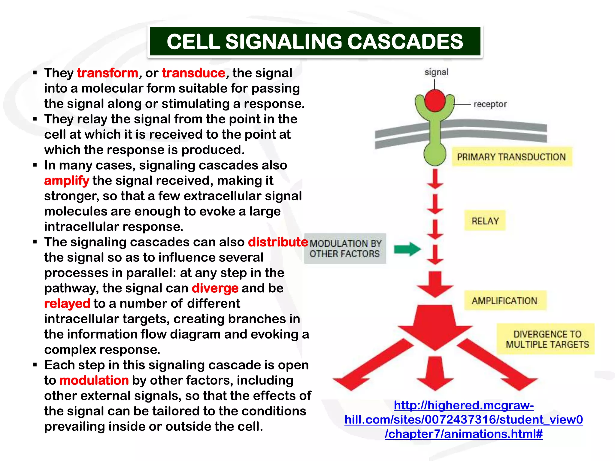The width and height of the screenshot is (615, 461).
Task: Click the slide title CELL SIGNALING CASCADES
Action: (315, 41)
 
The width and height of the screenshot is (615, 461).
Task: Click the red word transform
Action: (108, 73)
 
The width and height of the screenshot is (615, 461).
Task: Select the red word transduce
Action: (194, 73)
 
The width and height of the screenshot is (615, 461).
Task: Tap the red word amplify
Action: (67, 181)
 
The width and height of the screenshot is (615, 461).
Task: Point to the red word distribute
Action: (278, 242)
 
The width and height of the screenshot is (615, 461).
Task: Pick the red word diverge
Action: (215, 288)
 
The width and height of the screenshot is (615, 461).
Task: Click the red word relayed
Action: (67, 304)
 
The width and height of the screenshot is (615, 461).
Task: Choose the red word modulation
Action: (94, 381)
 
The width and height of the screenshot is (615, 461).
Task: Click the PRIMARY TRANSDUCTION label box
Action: (512, 157)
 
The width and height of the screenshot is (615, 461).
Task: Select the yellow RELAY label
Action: (485, 221)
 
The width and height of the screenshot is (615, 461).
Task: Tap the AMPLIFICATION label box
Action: (505, 300)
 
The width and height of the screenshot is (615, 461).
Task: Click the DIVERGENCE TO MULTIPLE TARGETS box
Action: (545, 339)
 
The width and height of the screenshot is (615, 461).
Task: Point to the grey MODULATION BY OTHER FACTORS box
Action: (345, 249)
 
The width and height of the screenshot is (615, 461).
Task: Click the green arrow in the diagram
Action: (407, 249)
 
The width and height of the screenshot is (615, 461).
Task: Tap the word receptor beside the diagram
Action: (490, 104)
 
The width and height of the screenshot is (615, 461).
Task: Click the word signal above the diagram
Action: (436, 72)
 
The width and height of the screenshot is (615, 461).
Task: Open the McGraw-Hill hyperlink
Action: (464, 420)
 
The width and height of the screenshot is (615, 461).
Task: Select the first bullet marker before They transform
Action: (35, 73)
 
